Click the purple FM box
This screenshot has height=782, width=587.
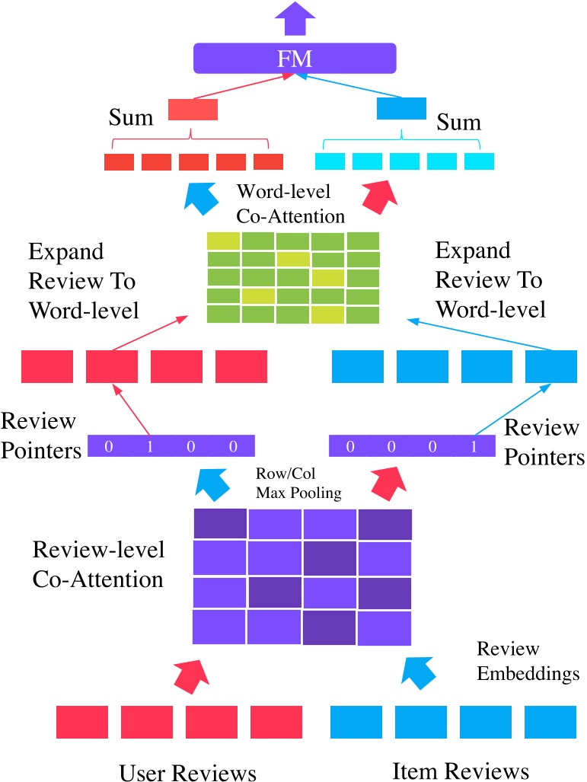coord(295,58)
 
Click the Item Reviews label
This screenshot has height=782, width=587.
coord(460,769)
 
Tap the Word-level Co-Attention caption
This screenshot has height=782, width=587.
coord(291,203)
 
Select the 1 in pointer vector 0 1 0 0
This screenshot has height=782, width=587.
coord(150,445)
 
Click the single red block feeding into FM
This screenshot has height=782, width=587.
coord(193,109)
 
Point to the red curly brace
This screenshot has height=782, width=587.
coord(191,141)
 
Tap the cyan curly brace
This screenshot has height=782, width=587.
coord(402,141)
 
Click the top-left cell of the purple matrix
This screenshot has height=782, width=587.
coord(220,523)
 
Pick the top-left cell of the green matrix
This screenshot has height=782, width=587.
coord(224,241)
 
